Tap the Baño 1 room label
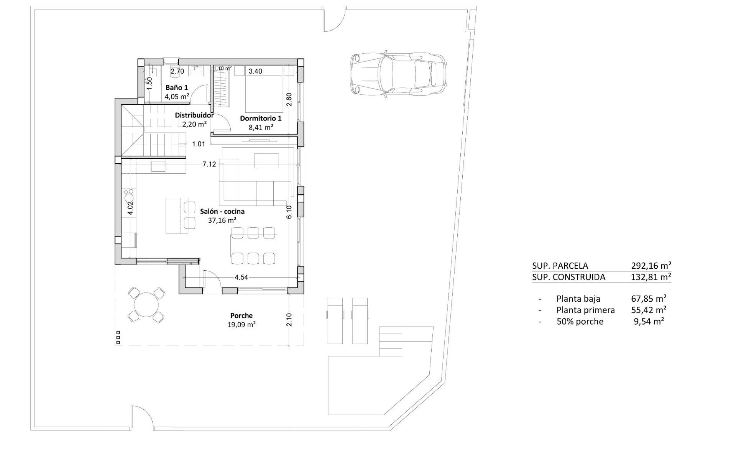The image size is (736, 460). [x=177, y=88]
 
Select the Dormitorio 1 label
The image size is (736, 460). [x=261, y=118]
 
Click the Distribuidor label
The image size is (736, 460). [x=194, y=115]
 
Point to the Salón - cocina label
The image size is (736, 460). [x=222, y=212]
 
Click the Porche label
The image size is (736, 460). [x=242, y=316]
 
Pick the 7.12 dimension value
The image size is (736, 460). [x=209, y=164]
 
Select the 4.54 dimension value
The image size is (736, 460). [x=241, y=278]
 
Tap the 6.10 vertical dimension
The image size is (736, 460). [x=289, y=212]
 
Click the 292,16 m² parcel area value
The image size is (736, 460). [x=651, y=266]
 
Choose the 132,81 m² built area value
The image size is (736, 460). [x=651, y=277]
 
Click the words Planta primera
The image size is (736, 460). [x=585, y=310]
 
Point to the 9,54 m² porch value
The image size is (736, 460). [x=649, y=322]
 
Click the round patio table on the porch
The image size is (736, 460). [x=146, y=305]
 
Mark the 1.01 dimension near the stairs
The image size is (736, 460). [x=199, y=144]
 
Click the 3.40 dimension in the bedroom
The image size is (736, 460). [x=255, y=71]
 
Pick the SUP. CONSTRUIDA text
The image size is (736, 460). [x=568, y=277]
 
